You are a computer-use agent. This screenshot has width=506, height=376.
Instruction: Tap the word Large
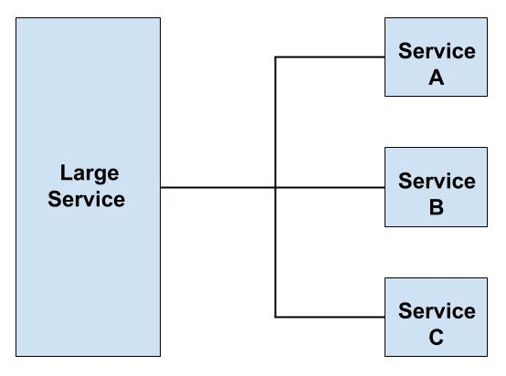tap(88, 173)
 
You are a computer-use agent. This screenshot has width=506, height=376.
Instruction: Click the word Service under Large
tap(88, 199)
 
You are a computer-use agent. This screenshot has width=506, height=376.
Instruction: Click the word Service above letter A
tap(436, 51)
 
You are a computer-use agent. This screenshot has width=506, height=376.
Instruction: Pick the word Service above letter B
tap(436, 181)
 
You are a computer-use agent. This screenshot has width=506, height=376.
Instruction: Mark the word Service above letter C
tap(436, 310)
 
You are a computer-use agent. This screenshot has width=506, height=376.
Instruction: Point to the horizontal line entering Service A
tap(329, 57)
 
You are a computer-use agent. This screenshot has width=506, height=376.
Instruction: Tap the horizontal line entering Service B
tap(329, 189)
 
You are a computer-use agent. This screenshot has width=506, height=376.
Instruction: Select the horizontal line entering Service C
tap(329, 318)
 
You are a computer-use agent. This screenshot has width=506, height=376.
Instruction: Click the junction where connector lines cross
tap(276, 189)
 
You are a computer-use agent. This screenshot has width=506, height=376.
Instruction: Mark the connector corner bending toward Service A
tap(276, 57)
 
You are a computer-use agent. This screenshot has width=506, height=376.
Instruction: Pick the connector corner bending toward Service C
tap(276, 318)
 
